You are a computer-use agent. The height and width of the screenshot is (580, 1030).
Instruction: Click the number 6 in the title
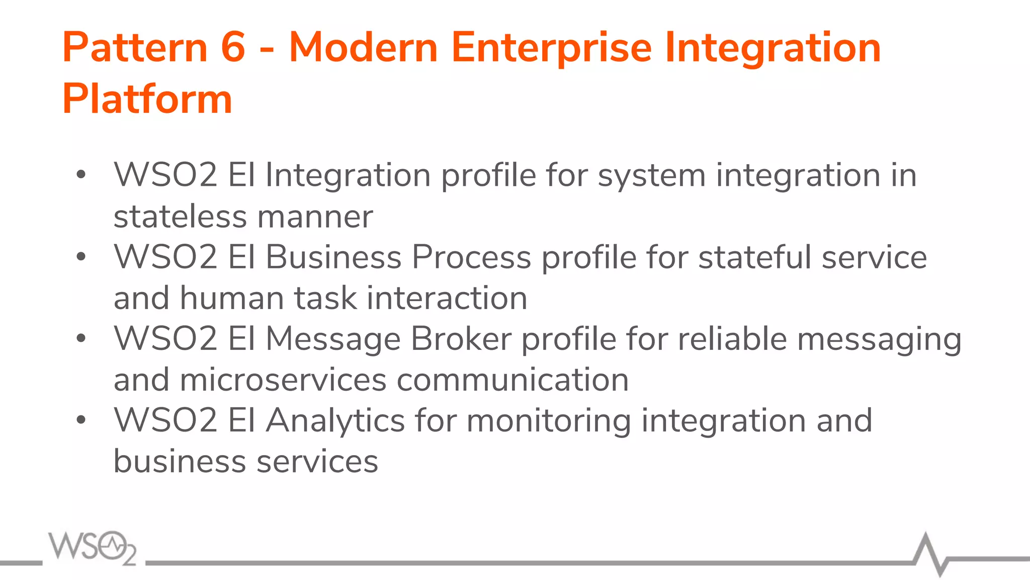tap(233, 47)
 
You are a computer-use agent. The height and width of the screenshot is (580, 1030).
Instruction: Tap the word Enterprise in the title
tap(551, 47)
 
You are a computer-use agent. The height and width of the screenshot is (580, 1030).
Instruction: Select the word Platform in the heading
tap(147, 99)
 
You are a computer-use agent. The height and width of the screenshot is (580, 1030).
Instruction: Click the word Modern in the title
tap(363, 47)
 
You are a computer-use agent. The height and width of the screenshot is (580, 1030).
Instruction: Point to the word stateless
tap(180, 216)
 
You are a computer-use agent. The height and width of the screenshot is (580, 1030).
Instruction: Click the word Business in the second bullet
tap(333, 257)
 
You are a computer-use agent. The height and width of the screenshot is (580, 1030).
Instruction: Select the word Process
tap(471, 257)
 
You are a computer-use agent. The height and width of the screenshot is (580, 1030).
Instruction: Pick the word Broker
tap(461, 339)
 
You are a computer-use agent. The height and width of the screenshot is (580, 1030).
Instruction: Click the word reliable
tap(732, 339)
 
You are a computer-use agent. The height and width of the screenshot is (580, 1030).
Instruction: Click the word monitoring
tap(549, 420)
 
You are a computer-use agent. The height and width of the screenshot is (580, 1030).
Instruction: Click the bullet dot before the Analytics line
tap(81, 419)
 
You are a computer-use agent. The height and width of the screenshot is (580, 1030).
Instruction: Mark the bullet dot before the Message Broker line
tap(81, 338)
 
